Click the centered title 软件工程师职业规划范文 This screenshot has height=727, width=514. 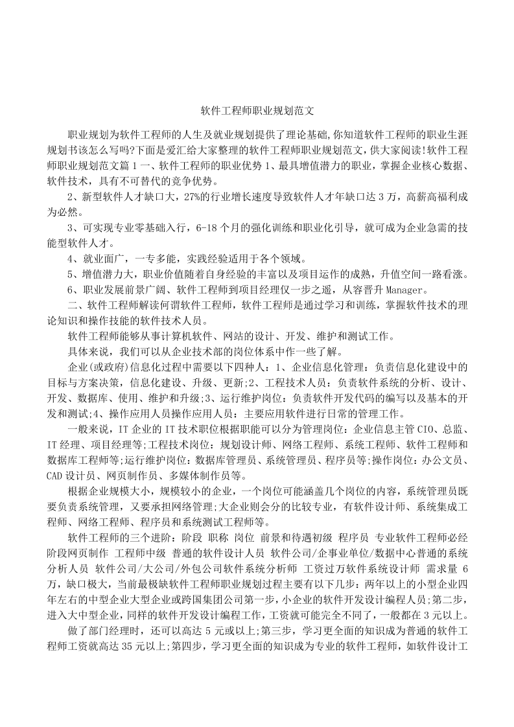pyautogui.click(x=257, y=111)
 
